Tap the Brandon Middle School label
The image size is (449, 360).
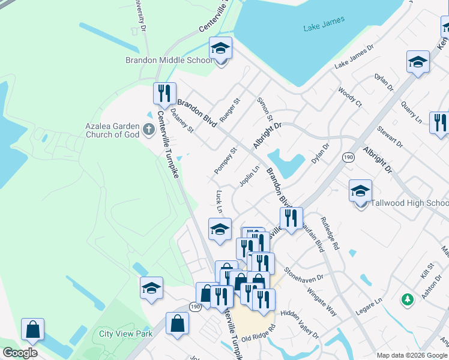(x=169, y=60)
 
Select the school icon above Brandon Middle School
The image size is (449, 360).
(x=220, y=49)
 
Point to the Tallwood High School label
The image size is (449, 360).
(x=409, y=203)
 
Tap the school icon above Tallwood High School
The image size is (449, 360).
(x=360, y=191)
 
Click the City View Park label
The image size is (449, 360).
(x=126, y=334)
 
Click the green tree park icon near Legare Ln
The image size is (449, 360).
(x=408, y=299)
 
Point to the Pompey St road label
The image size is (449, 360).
(x=226, y=160)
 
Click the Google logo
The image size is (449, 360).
(x=20, y=353)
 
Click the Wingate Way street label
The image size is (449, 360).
(x=322, y=301)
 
